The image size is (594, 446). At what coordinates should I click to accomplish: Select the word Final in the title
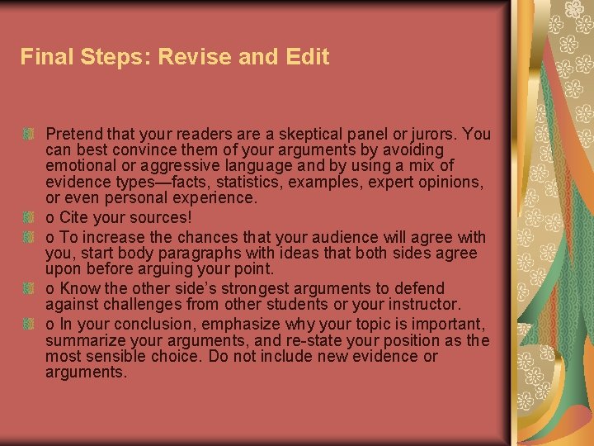43,57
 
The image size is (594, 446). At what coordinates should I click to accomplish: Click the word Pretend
74,134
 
